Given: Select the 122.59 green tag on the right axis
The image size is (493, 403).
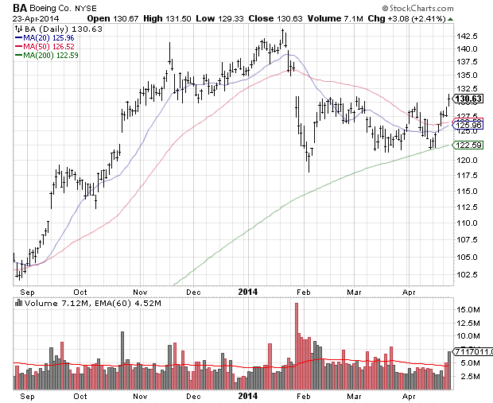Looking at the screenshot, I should tap(469, 145).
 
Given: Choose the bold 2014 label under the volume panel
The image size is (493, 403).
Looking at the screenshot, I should tap(249, 395).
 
